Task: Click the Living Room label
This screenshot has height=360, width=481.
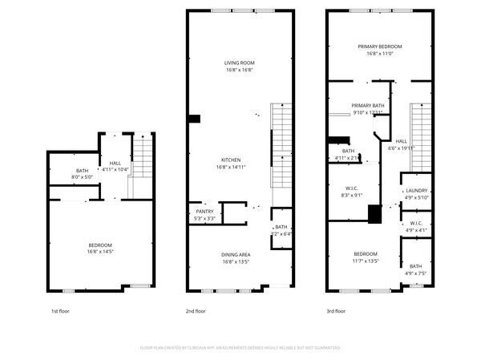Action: point(239,62)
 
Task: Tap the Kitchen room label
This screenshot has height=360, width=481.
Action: point(231,159)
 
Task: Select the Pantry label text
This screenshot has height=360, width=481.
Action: point(204,211)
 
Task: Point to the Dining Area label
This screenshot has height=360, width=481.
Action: point(236,254)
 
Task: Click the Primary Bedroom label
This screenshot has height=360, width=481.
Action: point(379,47)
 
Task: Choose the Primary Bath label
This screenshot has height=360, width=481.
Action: point(367,106)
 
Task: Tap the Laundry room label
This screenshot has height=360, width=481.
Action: point(417,190)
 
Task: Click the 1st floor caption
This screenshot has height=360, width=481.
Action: point(60,310)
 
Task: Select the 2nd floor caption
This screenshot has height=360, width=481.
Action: point(196,310)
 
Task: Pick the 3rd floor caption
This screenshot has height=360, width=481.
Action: point(335,310)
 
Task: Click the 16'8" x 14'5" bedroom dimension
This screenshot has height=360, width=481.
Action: point(100,252)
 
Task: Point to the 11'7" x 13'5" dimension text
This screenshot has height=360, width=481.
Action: point(366,261)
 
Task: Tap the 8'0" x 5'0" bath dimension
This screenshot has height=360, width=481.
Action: point(83,177)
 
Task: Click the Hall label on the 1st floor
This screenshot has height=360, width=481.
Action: point(115,163)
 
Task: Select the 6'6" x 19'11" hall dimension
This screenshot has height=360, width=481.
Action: point(402,148)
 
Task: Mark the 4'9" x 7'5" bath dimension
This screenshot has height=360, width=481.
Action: point(416,273)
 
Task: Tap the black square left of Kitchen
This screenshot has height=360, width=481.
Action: point(194,119)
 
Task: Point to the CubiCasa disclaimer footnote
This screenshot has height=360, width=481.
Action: point(240,348)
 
